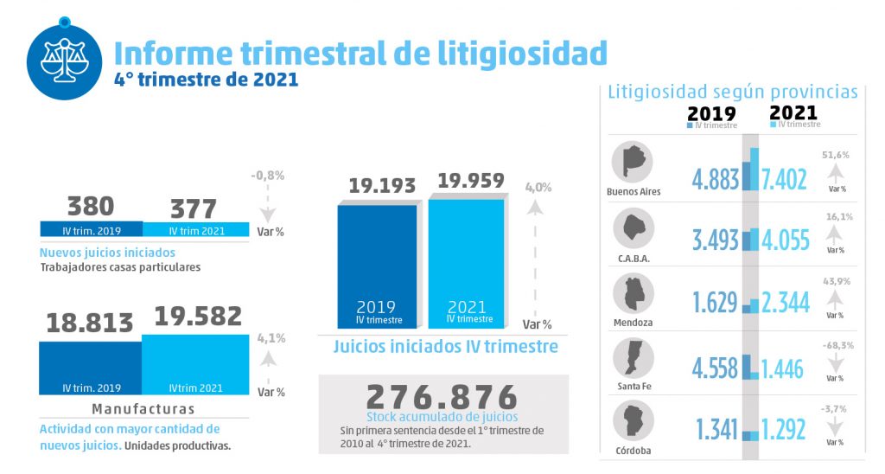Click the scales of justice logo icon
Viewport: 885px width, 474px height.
pyautogui.click(x=64, y=59)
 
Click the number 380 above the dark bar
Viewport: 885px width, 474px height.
pyautogui.click(x=91, y=207)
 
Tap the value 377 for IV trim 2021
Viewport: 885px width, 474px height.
pyautogui.click(x=193, y=208)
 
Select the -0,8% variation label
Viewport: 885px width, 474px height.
pyautogui.click(x=268, y=176)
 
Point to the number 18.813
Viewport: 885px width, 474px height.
pyautogui.click(x=90, y=323)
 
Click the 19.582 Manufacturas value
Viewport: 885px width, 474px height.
pyautogui.click(x=198, y=317)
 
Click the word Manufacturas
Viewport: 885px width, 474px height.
pyautogui.click(x=143, y=408)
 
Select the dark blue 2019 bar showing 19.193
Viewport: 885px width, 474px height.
pyautogui.click(x=376, y=264)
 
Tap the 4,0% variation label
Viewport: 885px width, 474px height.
pyautogui.click(x=538, y=187)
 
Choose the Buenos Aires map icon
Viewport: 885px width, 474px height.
pyautogui.click(x=633, y=162)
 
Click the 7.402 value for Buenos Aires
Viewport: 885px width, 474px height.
pyautogui.click(x=785, y=179)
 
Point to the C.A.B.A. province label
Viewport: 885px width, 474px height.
pyautogui.click(x=633, y=258)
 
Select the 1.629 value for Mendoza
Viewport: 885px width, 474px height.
pyautogui.click(x=715, y=303)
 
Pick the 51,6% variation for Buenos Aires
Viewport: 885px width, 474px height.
pyautogui.click(x=835, y=155)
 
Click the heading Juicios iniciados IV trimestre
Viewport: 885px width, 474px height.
pyautogui.click(x=445, y=347)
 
